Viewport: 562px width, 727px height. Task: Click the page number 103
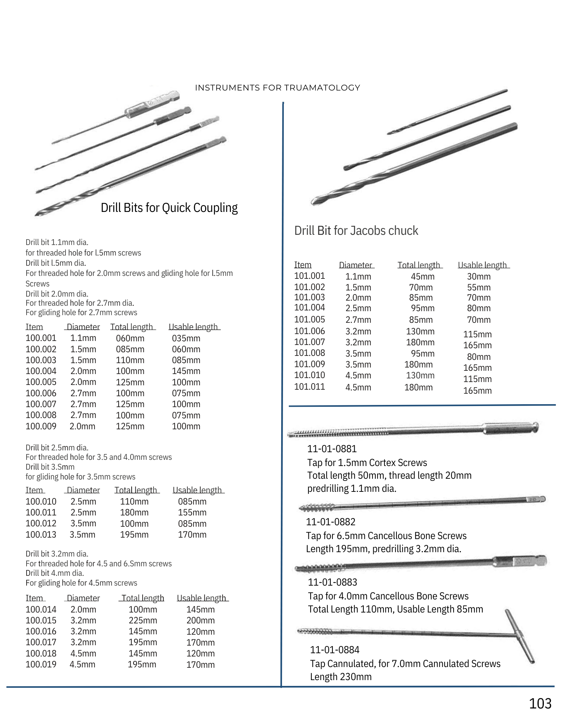coord(540,703)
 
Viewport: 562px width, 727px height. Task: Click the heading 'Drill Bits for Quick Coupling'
coord(169,208)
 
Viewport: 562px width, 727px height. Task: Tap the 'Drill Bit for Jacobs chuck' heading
coord(356,231)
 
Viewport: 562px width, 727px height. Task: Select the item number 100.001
coord(41,338)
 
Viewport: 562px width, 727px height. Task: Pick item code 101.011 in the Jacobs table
coord(309,387)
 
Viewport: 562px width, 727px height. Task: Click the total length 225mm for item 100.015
coord(143,620)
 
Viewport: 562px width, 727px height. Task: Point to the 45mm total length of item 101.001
coord(422,277)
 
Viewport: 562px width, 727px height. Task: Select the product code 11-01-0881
coord(332,449)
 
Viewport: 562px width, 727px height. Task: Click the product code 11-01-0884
coord(334,650)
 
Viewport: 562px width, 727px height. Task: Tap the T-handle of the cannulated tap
coord(520,636)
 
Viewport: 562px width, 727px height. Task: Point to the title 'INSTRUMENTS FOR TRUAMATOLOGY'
coord(277,88)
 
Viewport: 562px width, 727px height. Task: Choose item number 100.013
coord(41,535)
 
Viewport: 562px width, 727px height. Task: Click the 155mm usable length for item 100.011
coord(192,513)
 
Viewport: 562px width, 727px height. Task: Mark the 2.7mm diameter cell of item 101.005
coord(358,320)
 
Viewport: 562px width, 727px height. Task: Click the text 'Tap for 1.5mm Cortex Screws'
coord(367,463)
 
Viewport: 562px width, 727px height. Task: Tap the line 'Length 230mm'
coord(340,677)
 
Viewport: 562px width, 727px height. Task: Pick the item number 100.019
coord(41,664)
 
